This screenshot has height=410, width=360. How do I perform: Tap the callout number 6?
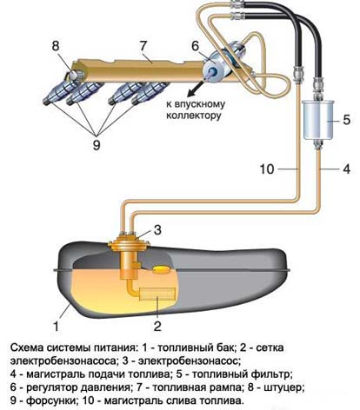pyautogui.click(x=195, y=49)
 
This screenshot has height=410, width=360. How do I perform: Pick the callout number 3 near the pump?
pyautogui.click(x=157, y=229)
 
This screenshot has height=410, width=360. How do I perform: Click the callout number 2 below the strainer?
pyautogui.click(x=157, y=327)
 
